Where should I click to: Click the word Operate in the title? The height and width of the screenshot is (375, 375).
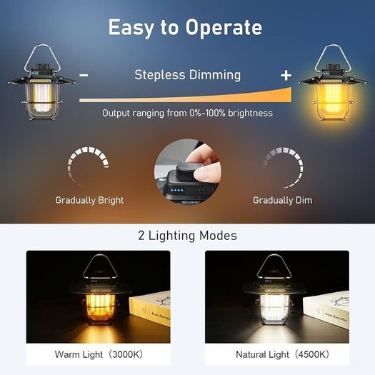224,28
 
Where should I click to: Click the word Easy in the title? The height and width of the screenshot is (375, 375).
131,28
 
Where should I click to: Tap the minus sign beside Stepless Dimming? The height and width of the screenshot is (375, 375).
84,75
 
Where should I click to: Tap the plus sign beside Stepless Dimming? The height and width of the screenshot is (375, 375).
286,75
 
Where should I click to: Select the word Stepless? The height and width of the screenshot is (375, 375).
160,75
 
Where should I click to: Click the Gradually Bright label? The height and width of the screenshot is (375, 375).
89,200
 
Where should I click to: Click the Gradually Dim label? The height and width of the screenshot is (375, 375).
282,200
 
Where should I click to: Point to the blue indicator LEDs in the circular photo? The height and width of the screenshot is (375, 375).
177,191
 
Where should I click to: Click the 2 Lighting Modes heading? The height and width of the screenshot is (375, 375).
187,236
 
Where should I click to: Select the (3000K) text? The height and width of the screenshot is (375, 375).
126,354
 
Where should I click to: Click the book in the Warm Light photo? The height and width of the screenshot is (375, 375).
150,308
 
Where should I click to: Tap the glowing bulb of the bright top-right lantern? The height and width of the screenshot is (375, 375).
333,98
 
